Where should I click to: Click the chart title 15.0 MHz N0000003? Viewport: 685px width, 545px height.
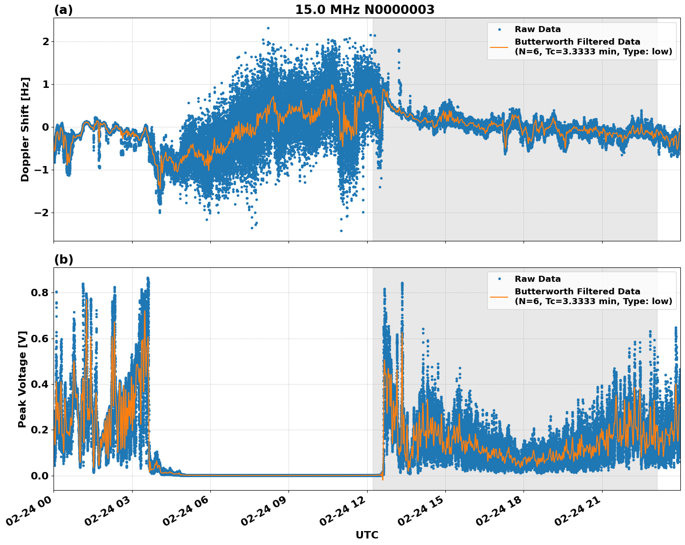coord(364,10)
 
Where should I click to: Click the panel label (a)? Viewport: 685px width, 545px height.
coord(63,10)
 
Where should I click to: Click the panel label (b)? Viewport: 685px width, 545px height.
coord(63,259)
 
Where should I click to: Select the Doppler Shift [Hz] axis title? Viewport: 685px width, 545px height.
coord(25,129)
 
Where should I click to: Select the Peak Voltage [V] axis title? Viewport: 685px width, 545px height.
coord(22,379)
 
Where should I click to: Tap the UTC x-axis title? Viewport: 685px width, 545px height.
coord(367,535)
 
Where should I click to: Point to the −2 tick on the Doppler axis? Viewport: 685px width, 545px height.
coord(42,213)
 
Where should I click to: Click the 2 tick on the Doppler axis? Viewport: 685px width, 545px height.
coord(46,41)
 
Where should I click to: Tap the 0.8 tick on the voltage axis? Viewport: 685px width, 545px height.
coord(39,292)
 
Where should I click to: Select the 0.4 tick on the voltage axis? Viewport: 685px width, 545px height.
coord(39,384)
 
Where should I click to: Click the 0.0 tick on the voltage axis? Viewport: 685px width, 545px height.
coord(39,476)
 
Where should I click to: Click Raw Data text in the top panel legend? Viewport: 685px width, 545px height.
coord(537,29)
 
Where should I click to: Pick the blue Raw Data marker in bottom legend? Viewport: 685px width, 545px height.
coord(499,279)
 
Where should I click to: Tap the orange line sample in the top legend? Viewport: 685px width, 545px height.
coord(499,47)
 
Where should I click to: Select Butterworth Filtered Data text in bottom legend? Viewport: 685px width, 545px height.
coord(577,292)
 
